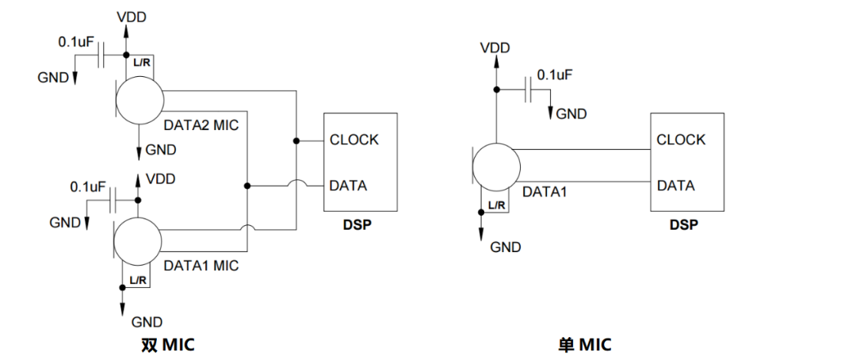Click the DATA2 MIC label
pyautogui.click(x=201, y=124)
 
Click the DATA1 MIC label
pyautogui.click(x=201, y=265)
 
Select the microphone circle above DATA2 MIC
pyautogui.click(x=139, y=100)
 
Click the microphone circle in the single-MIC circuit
pyautogui.click(x=496, y=167)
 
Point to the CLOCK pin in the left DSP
pyautogui.click(x=354, y=140)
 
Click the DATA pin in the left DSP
pyautogui.click(x=349, y=186)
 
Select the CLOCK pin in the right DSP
pyautogui.click(x=681, y=140)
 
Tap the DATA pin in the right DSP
pyautogui.click(x=675, y=186)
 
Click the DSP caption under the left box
pyautogui.click(x=357, y=224)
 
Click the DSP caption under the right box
pyautogui.click(x=683, y=224)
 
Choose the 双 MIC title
pyautogui.click(x=166, y=345)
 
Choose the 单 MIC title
pyautogui.click(x=584, y=345)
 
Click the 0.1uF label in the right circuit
pyautogui.click(x=555, y=75)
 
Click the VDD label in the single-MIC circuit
pyautogui.click(x=495, y=48)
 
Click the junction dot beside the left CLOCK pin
pyautogui.click(x=296, y=140)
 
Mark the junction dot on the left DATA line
pyautogui.click(x=247, y=186)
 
